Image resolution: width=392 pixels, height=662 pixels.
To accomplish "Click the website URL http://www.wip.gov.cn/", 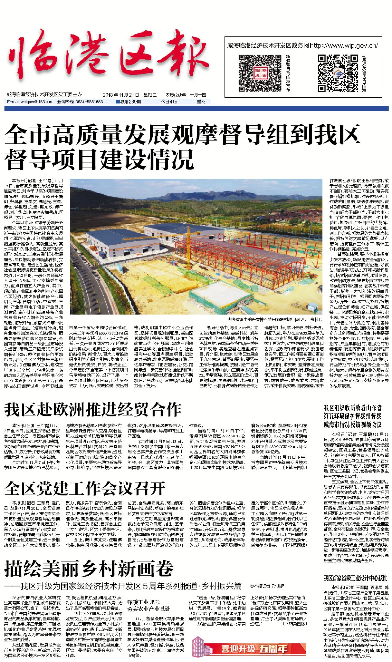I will coord(344,46).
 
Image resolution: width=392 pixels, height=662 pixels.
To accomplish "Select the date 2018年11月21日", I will coord(121,95).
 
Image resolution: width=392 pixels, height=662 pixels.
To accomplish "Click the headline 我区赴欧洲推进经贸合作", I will coord(93,410).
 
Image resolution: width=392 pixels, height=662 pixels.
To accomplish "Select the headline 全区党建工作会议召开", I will coord(85,488).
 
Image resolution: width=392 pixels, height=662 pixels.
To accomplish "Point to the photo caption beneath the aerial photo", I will coord(274,319).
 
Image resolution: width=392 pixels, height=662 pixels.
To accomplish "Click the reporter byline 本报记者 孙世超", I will coord(267,586).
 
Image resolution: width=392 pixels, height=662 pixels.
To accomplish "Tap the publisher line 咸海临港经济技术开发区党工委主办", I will coord(44,95).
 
